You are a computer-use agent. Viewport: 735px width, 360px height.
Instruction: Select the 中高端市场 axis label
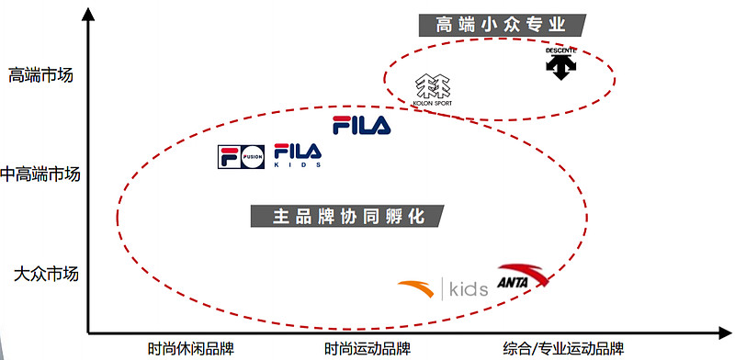(x=40, y=174)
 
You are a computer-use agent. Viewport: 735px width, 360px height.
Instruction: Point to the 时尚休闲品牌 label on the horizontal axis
(x=191, y=349)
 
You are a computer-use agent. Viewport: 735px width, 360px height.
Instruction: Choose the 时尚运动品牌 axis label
(x=367, y=349)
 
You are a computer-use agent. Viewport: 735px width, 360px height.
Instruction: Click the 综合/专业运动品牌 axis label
(x=563, y=349)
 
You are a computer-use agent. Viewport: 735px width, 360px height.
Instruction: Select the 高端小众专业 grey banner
(x=504, y=25)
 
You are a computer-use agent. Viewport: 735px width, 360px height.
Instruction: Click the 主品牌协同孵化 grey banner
(x=347, y=216)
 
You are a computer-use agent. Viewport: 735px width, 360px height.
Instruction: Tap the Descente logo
(x=559, y=62)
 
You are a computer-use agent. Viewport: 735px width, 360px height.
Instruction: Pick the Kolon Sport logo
(x=433, y=90)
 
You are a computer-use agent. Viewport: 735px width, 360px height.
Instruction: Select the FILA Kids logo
(x=299, y=155)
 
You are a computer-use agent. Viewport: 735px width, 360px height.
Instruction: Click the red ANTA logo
(x=522, y=277)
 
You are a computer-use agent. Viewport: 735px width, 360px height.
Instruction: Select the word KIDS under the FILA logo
(x=299, y=166)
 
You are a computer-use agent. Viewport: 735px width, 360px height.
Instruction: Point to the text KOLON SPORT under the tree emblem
(x=433, y=103)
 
